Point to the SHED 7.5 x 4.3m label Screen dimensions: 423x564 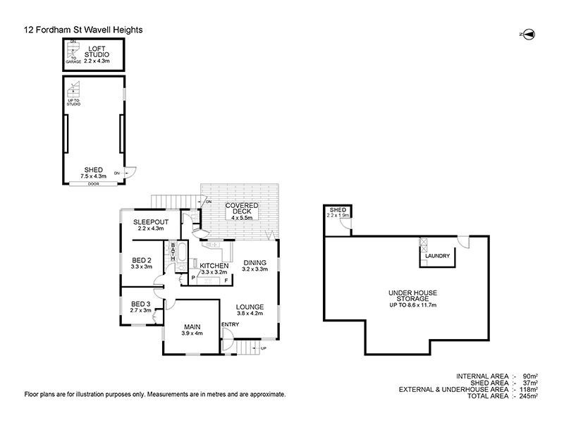point(94,173)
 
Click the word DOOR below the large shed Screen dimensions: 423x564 point(94,184)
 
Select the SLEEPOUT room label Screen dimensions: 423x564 point(149,225)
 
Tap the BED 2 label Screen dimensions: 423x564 point(142,263)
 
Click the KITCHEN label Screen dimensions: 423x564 point(214,266)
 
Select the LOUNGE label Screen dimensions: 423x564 point(250,310)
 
